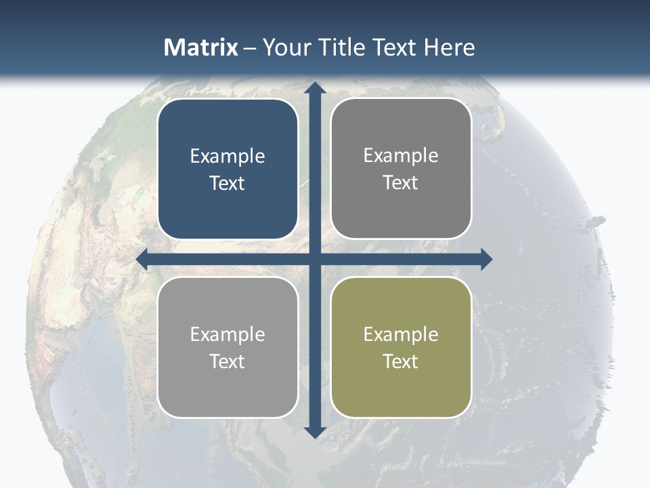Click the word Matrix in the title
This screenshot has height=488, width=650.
coord(201,47)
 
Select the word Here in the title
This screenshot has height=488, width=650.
coord(449,47)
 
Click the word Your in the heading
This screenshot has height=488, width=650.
coord(285,47)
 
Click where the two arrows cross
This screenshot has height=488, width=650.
coord(314,259)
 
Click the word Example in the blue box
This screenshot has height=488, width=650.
coord(227,157)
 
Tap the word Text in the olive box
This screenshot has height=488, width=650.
coord(401,361)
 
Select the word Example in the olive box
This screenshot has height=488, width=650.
coord(401,335)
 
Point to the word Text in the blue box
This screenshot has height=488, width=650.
coord(227,183)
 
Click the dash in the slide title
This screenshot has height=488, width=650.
coord(250,47)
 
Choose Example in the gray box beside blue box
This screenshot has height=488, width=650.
coord(401,156)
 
